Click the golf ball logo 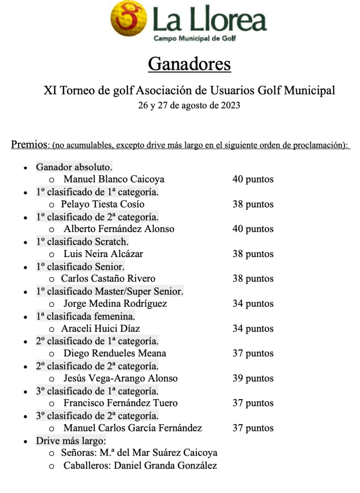click(129, 20)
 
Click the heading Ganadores click(189, 64)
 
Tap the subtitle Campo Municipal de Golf click(194, 39)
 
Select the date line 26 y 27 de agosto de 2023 click(189, 105)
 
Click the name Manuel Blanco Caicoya click(114, 179)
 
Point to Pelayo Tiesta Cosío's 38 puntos click(253, 204)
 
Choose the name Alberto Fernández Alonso click(119, 229)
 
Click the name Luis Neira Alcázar click(103, 254)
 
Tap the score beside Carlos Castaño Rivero click(253, 278)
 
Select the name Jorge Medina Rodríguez click(115, 303)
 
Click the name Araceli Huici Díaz click(101, 329)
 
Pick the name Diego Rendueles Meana click(115, 353)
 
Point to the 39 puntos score click(253, 378)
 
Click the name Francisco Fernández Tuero click(120, 403)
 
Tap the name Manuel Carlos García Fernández click(133, 428)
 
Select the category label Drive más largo click(71, 441)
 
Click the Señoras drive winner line click(139, 453)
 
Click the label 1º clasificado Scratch click(82, 242)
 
